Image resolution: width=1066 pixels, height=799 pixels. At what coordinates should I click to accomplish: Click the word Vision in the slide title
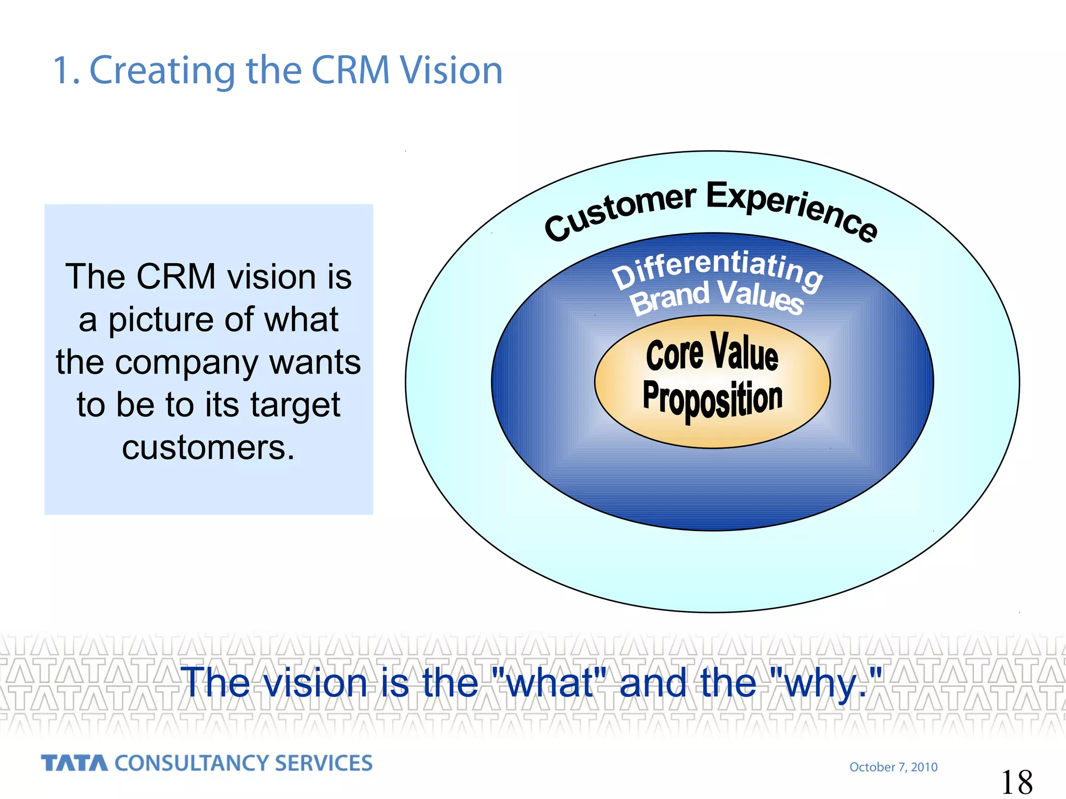tap(451, 70)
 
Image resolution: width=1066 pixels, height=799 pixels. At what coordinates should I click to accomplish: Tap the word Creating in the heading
tap(162, 71)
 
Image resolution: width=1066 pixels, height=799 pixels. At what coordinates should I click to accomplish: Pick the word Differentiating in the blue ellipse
tap(717, 268)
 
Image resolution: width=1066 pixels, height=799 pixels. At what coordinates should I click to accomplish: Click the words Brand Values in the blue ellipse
tap(717, 298)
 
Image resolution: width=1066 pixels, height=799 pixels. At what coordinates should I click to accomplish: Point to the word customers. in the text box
tap(208, 447)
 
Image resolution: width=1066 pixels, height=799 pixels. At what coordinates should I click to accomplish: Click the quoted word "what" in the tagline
tap(549, 682)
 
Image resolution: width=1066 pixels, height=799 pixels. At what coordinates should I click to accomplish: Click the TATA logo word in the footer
tap(74, 763)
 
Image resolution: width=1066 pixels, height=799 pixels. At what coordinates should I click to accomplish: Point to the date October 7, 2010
tap(893, 767)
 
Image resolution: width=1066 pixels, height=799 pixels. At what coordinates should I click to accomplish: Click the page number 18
tap(1017, 782)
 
